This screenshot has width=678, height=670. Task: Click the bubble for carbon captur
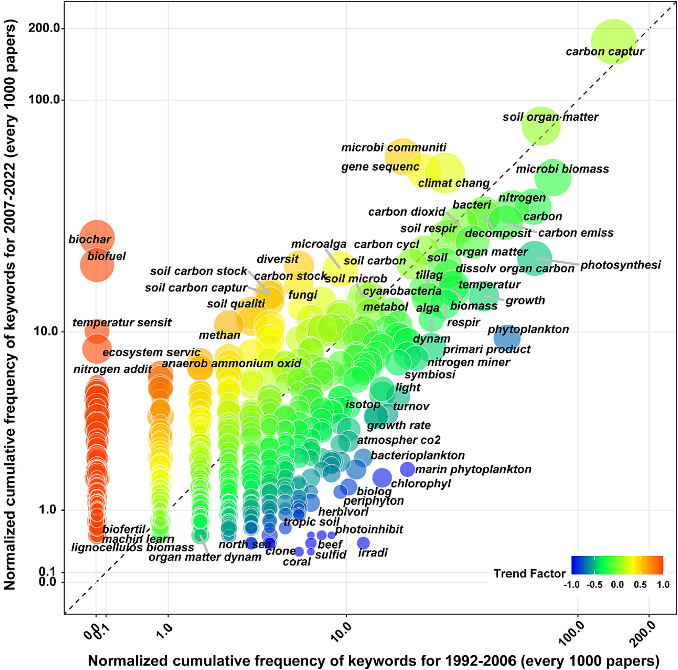(613, 42)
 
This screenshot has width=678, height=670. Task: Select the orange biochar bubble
(97, 238)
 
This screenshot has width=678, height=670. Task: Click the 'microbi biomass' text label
(562, 169)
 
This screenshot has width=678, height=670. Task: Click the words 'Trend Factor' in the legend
(529, 574)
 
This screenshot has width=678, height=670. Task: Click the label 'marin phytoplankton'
(473, 469)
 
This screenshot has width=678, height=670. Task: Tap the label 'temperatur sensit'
(122, 323)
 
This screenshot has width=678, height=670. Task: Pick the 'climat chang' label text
(453, 183)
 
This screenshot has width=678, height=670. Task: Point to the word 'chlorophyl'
(421, 484)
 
